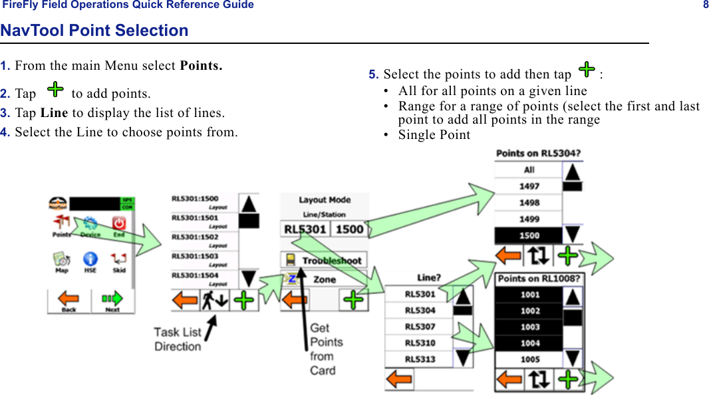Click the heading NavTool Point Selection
[94, 31]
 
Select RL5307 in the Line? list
[420, 327]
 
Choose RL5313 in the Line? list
[420, 359]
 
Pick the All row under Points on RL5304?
[529, 170]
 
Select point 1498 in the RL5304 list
[529, 202]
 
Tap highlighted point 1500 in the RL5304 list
[529, 235]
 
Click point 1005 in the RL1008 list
[529, 359]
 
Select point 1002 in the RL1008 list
[529, 311]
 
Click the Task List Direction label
[178, 338]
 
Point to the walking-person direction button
[214, 300]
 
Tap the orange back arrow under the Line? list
[400, 380]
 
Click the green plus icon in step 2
[56, 89]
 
